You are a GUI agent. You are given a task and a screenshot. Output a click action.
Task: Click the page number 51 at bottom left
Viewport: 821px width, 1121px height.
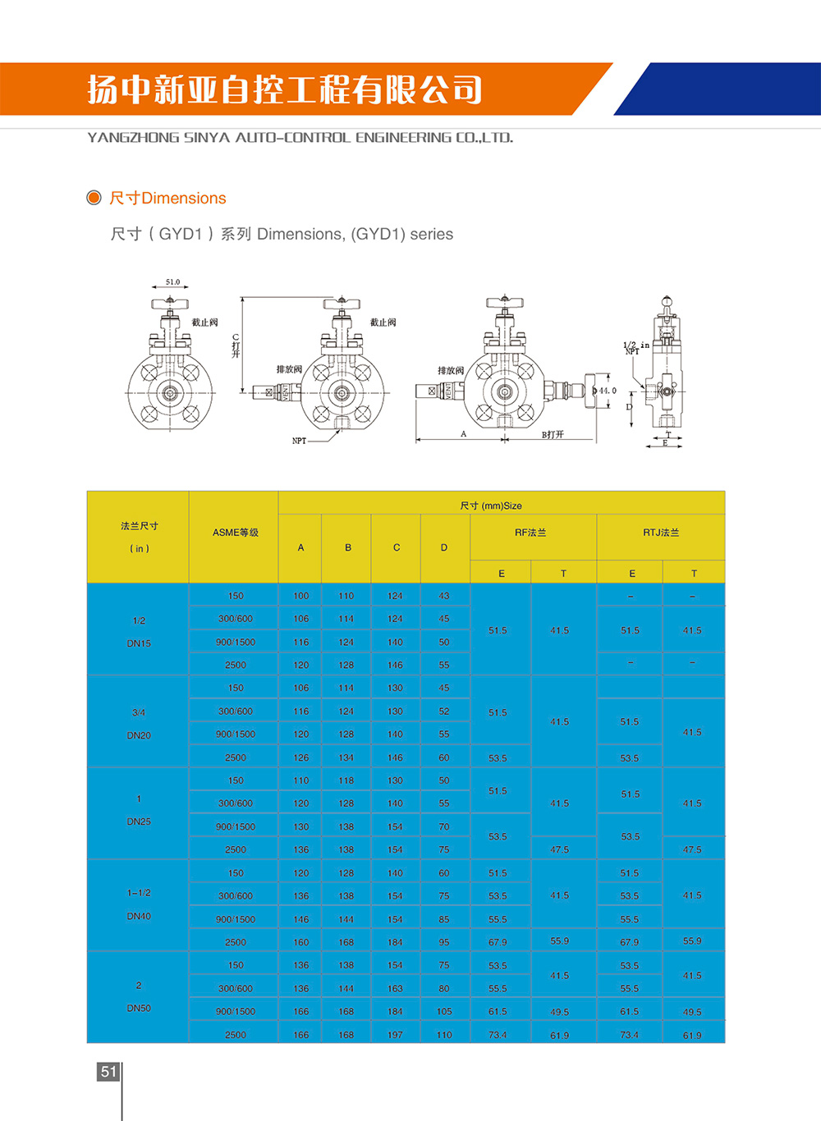pyautogui.click(x=108, y=1071)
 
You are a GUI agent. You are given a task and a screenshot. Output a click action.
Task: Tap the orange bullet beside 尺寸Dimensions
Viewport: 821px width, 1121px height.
pyautogui.click(x=94, y=198)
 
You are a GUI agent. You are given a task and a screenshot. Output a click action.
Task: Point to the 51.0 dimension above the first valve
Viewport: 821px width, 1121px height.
pyautogui.click(x=172, y=281)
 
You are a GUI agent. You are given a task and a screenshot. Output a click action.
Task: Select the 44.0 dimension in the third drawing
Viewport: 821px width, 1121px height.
pyautogui.click(x=607, y=391)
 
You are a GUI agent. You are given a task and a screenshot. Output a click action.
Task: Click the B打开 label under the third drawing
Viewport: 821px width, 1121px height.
pyautogui.click(x=553, y=435)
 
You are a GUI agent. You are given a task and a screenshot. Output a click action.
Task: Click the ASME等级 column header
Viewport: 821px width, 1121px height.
pyautogui.click(x=235, y=533)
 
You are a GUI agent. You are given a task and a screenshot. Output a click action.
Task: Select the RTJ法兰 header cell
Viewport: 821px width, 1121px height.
pyautogui.click(x=661, y=533)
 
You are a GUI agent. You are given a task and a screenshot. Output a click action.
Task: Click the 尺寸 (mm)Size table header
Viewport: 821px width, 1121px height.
pyautogui.click(x=491, y=506)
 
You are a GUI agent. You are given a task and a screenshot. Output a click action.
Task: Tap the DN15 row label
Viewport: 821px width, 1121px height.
pyautogui.click(x=139, y=643)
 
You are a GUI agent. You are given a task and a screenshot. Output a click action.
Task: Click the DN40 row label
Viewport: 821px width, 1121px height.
pyautogui.click(x=139, y=916)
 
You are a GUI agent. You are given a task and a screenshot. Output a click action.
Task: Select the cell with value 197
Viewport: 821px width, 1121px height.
pyautogui.click(x=395, y=1035)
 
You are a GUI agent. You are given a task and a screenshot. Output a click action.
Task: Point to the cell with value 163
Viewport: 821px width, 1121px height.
pyautogui.click(x=395, y=989)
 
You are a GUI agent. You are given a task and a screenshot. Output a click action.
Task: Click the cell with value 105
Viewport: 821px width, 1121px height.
pyautogui.click(x=444, y=1012)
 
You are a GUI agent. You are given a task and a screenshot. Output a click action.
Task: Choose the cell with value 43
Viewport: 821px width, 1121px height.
pyautogui.click(x=444, y=596)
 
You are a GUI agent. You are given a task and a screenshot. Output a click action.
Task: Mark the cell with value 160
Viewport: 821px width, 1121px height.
pyautogui.click(x=301, y=942)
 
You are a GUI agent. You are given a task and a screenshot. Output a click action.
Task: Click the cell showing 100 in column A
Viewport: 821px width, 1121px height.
pyautogui.click(x=301, y=596)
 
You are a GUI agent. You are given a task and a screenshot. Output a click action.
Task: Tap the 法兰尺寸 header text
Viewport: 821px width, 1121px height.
pyautogui.click(x=140, y=526)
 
